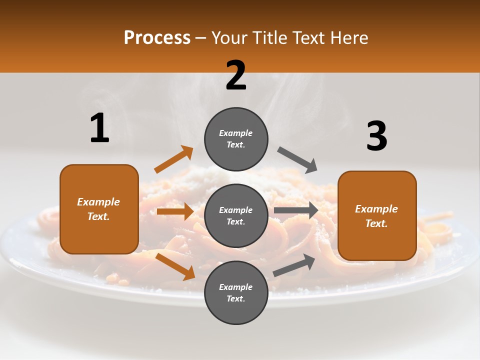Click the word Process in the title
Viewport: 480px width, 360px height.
tap(157, 37)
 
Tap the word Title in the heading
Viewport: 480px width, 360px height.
tap(269, 37)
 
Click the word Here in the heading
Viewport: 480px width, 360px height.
tap(346, 37)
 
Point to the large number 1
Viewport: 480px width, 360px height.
tap(99, 128)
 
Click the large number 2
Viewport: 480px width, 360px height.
tap(236, 75)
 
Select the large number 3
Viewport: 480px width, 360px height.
tap(376, 136)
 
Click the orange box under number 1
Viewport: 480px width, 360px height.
tap(99, 209)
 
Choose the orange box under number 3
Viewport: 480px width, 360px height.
tap(377, 215)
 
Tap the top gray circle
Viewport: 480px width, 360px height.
tap(236, 138)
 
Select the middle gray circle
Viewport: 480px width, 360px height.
tap(236, 215)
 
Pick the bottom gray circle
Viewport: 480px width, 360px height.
tap(236, 292)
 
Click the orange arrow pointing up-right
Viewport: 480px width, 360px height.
tap(174, 159)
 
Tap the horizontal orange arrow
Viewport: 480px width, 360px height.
tap(175, 211)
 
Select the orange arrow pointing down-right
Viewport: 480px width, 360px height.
tap(175, 266)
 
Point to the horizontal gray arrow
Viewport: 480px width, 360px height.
tap(296, 210)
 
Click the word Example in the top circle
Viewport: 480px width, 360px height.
tap(236, 133)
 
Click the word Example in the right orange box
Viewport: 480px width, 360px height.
tap(376, 209)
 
